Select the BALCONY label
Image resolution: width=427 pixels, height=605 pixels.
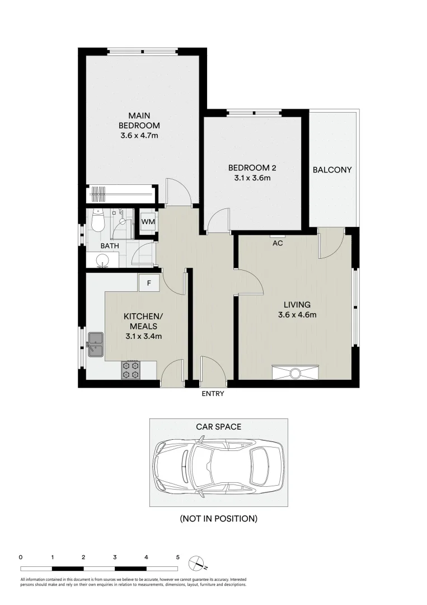332,170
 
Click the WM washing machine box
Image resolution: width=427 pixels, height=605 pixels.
148,222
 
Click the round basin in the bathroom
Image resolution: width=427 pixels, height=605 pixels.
102,260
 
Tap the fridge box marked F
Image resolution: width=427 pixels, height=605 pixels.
149,283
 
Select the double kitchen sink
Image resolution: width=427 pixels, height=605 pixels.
95,344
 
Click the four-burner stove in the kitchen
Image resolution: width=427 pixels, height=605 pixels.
131,369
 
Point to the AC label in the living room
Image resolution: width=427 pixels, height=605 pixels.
277,243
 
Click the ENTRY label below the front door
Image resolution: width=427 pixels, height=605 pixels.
213,394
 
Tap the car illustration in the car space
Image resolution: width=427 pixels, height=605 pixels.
218,463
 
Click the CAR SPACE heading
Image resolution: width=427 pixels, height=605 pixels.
218,427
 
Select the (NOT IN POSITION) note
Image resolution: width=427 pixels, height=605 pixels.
218,519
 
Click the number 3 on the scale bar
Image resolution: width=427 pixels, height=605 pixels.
115,557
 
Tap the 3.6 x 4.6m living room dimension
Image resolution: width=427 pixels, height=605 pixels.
297,314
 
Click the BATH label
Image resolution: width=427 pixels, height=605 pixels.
109,246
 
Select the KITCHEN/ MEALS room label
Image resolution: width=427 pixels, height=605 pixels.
143,321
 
